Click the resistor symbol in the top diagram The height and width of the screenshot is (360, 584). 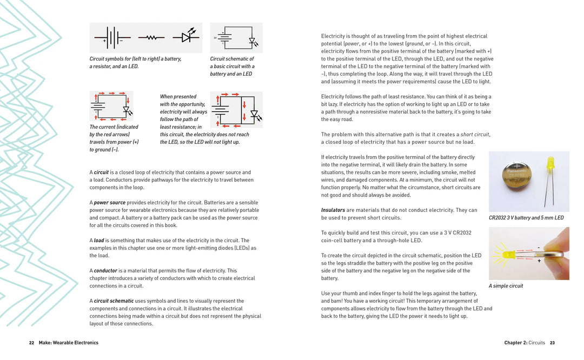[x=151, y=38]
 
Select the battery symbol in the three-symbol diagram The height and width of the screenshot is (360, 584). [x=112, y=38]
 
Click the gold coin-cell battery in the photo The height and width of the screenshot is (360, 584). [x=516, y=175]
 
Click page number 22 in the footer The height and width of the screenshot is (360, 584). [x=32, y=343]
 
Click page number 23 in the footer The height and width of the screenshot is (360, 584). [x=552, y=343]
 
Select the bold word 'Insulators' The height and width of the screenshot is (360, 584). [x=333, y=210]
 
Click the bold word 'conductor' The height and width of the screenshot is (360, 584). [x=105, y=271]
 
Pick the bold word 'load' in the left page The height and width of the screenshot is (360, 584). [x=99, y=241]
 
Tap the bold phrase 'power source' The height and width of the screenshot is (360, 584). [x=109, y=203]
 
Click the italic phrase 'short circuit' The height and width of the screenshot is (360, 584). [x=475, y=135]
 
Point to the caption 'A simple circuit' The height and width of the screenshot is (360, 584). [x=506, y=286]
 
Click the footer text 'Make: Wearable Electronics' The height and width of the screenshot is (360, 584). [x=69, y=343]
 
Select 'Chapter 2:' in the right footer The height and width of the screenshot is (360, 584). [x=515, y=343]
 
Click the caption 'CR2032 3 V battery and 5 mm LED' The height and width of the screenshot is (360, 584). [x=526, y=218]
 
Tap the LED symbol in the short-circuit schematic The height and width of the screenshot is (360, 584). [x=255, y=115]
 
